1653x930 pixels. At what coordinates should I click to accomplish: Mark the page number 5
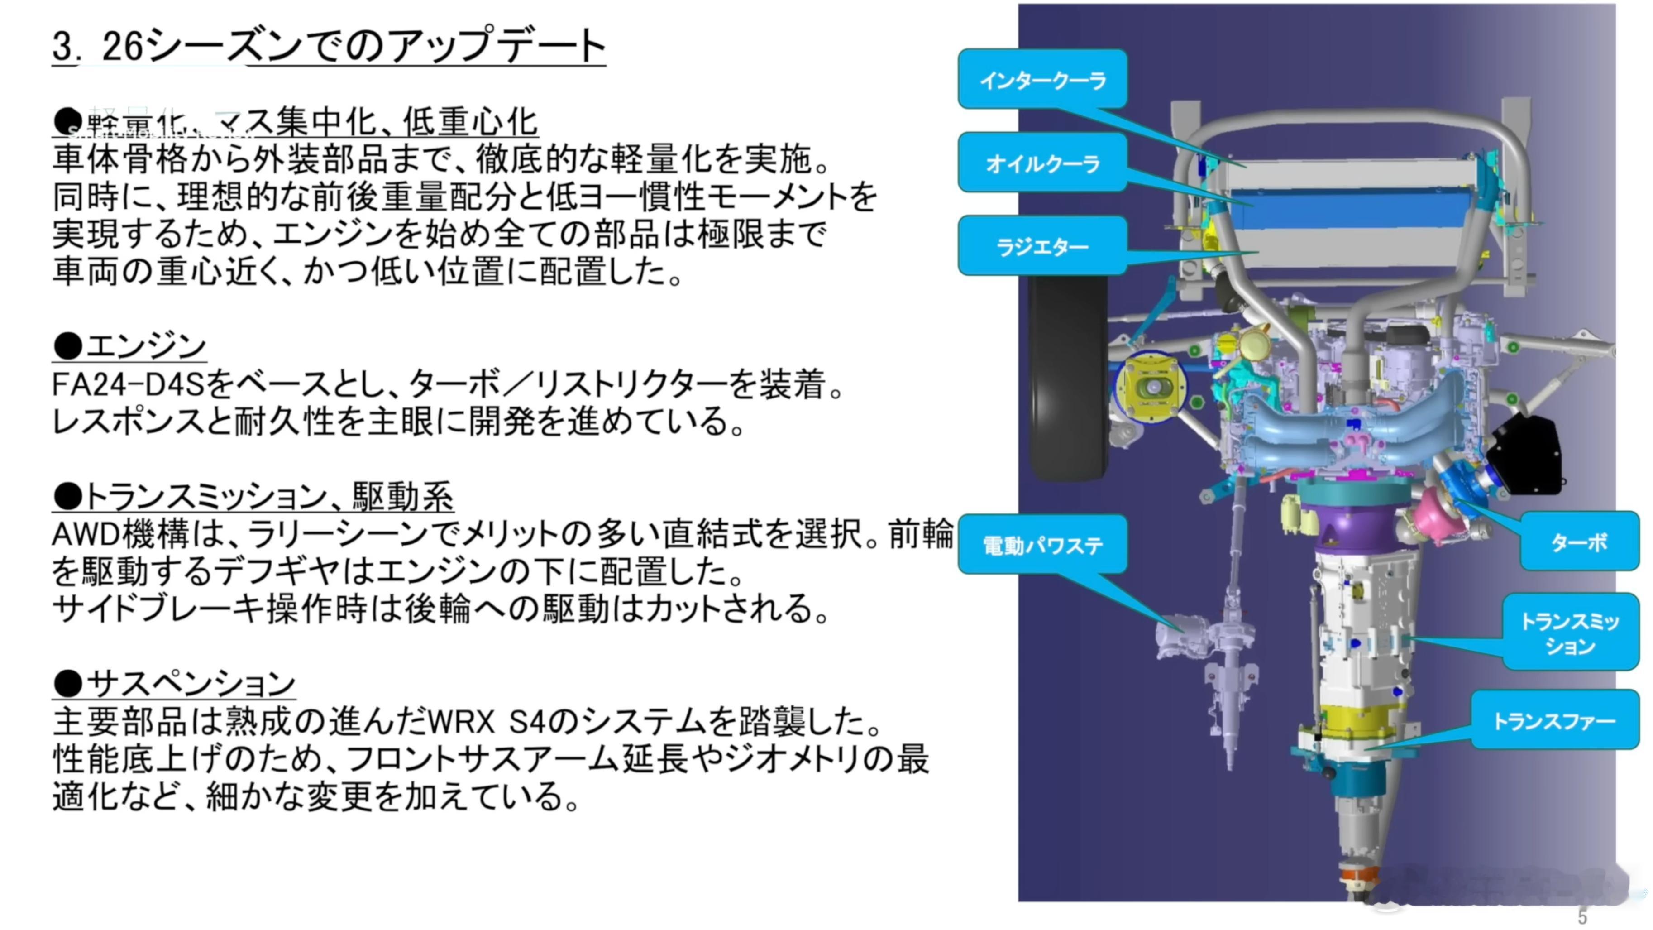coord(1582,916)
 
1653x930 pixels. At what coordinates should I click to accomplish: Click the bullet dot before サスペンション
coord(67,683)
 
